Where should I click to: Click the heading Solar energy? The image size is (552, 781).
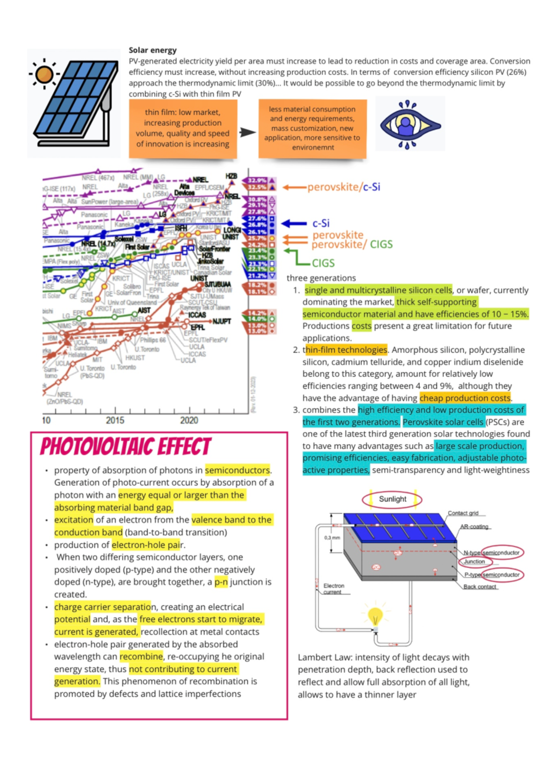(x=152, y=50)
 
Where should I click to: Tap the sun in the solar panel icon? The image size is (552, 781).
(x=44, y=74)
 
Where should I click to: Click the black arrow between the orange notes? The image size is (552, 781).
(x=247, y=132)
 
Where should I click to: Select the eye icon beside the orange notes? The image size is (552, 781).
(x=409, y=124)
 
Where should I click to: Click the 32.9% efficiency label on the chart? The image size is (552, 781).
(x=257, y=180)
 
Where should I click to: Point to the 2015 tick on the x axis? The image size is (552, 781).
(x=115, y=420)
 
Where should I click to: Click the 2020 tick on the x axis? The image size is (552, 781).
(x=189, y=420)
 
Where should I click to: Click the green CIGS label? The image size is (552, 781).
(x=323, y=263)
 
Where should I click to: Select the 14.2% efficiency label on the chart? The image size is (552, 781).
(x=257, y=313)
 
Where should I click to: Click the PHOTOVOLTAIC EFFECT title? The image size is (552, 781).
(x=125, y=447)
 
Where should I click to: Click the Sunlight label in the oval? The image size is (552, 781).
(x=392, y=499)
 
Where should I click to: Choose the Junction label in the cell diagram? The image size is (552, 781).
(x=474, y=562)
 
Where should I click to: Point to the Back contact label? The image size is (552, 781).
(x=479, y=586)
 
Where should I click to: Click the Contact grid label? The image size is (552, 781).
(x=463, y=513)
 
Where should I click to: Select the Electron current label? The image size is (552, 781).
(x=333, y=589)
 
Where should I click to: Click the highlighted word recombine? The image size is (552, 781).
(x=141, y=656)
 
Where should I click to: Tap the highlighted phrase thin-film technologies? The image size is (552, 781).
(x=345, y=350)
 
